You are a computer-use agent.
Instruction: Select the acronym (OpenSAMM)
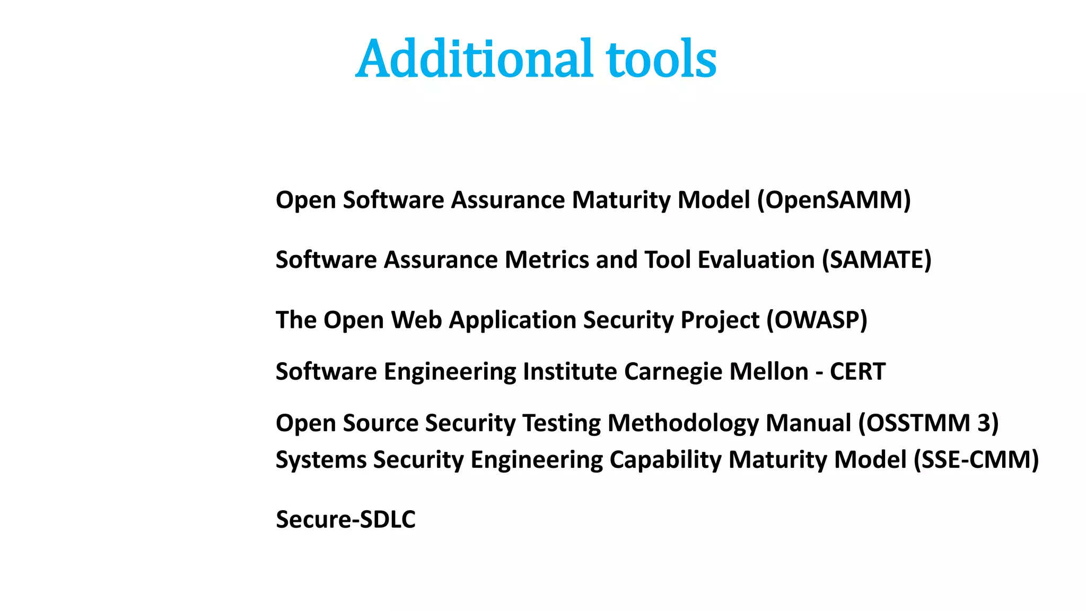834,200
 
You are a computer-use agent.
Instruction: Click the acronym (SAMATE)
876,260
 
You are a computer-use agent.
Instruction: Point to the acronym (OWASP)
817,320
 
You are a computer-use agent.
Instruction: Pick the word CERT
857,371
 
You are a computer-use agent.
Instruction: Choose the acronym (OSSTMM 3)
928,423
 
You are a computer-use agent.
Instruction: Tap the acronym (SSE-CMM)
976,459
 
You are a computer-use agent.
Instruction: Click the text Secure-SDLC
346,519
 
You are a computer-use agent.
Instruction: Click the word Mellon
769,371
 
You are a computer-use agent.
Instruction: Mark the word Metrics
546,260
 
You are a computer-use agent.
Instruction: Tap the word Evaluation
756,260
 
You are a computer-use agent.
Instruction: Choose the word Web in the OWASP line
416,320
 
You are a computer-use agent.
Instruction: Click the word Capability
665,459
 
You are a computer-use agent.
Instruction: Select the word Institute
570,371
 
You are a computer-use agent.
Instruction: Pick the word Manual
808,423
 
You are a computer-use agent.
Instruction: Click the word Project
720,320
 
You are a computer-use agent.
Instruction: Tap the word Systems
320,459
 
